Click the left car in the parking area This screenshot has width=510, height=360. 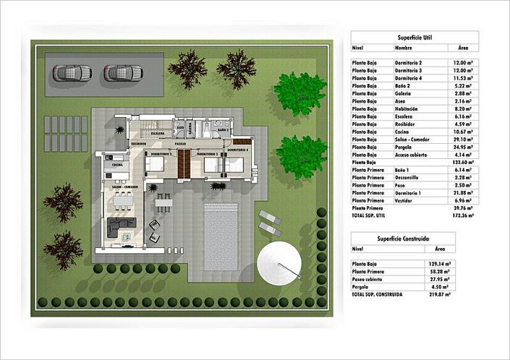coord(73,72)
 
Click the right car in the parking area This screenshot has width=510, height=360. coord(121,72)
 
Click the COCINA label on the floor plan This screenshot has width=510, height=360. coord(116,166)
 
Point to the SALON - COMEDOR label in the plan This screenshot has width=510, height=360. coord(124,186)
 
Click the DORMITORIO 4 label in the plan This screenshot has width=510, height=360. coord(237,150)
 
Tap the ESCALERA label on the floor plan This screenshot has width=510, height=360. coord(158,134)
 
